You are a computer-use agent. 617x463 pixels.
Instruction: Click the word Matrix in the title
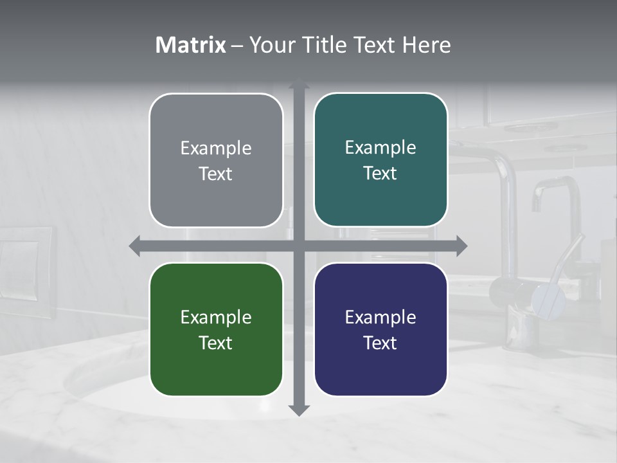(190, 45)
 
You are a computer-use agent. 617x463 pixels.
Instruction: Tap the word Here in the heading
(427, 45)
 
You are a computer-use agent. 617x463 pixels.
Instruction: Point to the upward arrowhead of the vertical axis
(299, 86)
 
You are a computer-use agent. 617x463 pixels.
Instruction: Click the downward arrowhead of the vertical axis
(299, 410)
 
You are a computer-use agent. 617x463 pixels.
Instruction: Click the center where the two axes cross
(299, 246)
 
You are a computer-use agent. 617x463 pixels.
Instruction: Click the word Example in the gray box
(216, 149)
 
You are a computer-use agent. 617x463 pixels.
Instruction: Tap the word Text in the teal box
(380, 173)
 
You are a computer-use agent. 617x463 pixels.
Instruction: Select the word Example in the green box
(216, 318)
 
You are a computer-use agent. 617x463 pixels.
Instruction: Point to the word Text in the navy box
(380, 343)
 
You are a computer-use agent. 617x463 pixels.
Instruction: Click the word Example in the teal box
(380, 148)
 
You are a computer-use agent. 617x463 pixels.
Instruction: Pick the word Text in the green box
(216, 343)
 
